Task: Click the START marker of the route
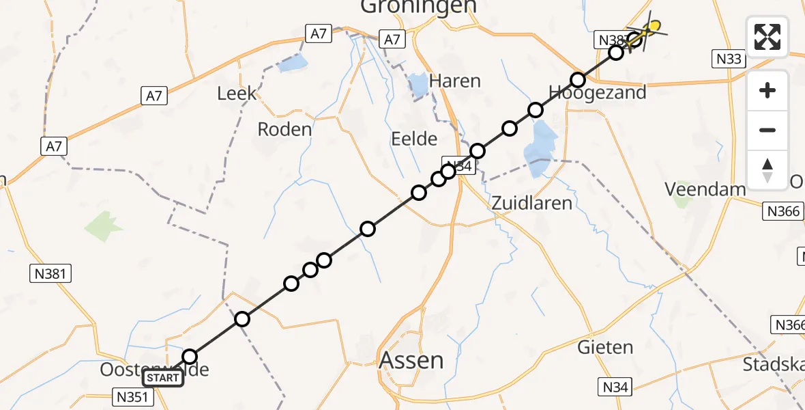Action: pyautogui.click(x=163, y=378)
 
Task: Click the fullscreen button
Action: pyautogui.click(x=767, y=36)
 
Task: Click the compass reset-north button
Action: pyautogui.click(x=767, y=170)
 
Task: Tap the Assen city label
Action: pyautogui.click(x=411, y=359)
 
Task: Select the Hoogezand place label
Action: pyautogui.click(x=597, y=92)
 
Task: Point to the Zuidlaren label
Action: pyautogui.click(x=531, y=202)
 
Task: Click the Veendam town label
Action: pyautogui.click(x=705, y=189)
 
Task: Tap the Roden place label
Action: pyautogui.click(x=284, y=128)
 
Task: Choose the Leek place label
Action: pyautogui.click(x=237, y=93)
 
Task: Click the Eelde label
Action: pyautogui.click(x=413, y=139)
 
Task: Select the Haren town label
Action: pyautogui.click(x=455, y=81)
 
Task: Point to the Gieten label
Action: pyautogui.click(x=605, y=347)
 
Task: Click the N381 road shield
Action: pyautogui.click(x=52, y=274)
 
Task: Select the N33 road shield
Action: pyautogui.click(x=729, y=59)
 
